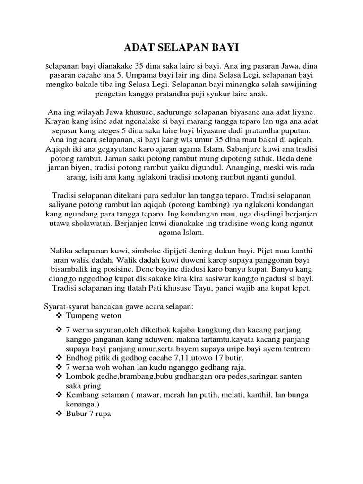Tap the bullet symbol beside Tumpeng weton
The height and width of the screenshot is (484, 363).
pos(59,315)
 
